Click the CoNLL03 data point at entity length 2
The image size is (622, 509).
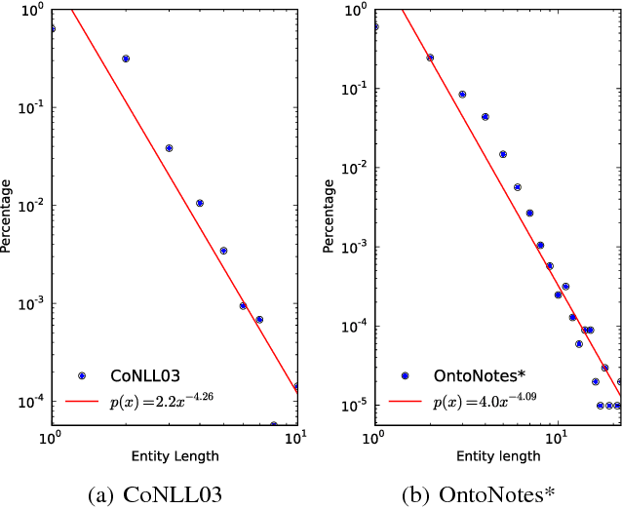coord(126,59)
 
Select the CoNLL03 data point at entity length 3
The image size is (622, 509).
coord(169,148)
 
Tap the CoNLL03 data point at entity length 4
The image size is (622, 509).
coord(200,203)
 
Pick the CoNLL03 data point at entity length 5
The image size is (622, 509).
coord(223,251)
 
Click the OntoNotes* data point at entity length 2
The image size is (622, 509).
coord(430,58)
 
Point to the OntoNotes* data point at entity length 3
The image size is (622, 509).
coord(462,95)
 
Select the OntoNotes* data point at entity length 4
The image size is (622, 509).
coord(485,117)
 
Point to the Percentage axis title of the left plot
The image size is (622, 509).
coord(7,214)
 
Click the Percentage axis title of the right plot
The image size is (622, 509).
coord(330,214)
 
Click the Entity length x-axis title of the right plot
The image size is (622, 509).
coord(497,455)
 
